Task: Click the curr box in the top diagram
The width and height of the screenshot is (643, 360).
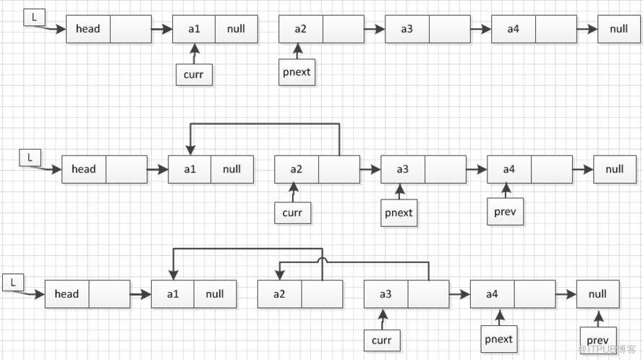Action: click(194, 74)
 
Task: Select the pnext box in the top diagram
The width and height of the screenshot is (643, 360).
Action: click(297, 72)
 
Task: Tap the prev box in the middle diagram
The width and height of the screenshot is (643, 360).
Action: click(505, 212)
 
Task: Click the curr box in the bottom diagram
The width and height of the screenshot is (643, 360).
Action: click(382, 340)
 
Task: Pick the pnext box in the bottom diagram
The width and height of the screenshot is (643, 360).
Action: click(499, 339)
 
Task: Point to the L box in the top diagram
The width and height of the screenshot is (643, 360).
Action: click(34, 17)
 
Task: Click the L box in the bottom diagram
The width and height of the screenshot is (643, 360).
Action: click(13, 283)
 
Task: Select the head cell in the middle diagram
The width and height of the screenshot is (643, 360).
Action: click(84, 169)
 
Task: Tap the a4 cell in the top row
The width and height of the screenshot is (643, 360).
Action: click(514, 29)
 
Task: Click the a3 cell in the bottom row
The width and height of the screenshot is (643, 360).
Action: click(386, 294)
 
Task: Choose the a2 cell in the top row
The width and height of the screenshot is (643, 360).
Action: click(301, 29)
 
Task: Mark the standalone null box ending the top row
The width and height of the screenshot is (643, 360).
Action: click(619, 29)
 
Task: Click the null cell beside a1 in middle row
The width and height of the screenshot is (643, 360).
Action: click(232, 169)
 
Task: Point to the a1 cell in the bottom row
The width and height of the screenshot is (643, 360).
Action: click(173, 294)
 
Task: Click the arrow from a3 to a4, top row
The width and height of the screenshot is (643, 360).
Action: click(480, 29)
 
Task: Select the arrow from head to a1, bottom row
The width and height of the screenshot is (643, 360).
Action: click(140, 294)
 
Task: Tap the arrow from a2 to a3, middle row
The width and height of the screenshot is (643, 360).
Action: click(370, 169)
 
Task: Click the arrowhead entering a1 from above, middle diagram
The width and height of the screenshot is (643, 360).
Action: click(190, 150)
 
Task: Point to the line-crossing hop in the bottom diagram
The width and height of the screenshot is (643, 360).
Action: click(323, 260)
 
